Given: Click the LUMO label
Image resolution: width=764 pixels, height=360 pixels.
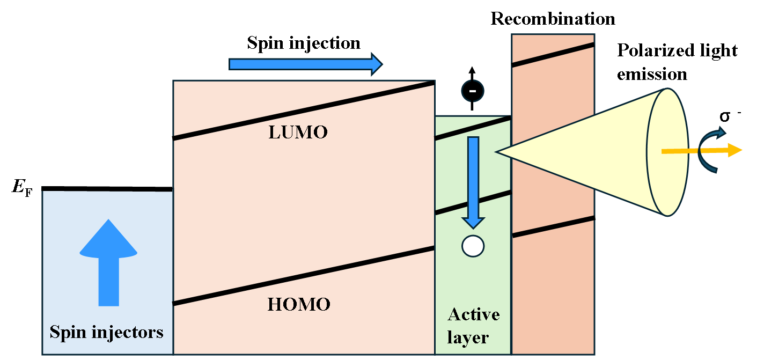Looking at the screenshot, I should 298,132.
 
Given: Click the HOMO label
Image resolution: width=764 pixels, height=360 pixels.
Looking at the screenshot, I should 299,304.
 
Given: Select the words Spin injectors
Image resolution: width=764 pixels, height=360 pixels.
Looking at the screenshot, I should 106,332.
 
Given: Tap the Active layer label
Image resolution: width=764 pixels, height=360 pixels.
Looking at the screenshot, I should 473,326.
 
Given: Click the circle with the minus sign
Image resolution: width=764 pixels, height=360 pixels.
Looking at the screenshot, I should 473,91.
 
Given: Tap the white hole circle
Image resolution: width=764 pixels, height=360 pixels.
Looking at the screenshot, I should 473,246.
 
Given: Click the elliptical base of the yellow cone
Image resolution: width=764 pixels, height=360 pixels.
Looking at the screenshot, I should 667,152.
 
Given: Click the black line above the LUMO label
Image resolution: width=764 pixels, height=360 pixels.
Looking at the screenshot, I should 304,111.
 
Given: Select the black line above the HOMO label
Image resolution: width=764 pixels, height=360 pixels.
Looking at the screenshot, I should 304,276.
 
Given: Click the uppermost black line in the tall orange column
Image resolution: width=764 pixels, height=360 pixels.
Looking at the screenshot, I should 553,55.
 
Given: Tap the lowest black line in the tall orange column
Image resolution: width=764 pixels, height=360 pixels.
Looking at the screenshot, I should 553,226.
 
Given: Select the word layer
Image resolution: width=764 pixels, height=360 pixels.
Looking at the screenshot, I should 468,338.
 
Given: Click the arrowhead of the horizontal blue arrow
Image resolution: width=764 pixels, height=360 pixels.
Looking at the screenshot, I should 377,64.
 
